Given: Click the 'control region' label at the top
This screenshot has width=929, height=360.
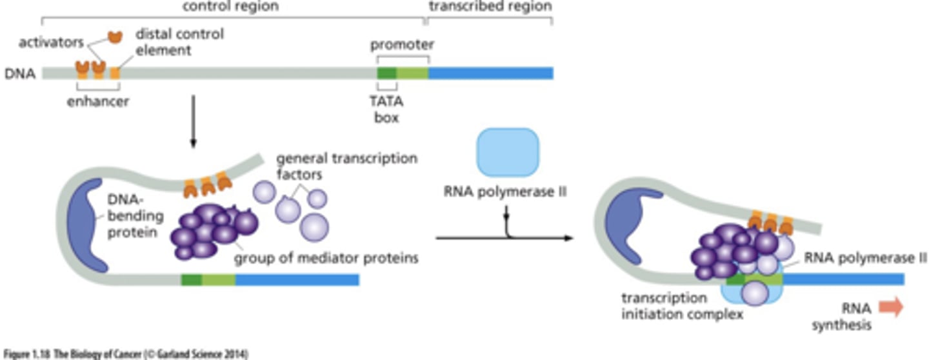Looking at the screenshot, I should coord(230,7).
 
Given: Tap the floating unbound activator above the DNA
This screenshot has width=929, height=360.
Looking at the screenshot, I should coord(115,37).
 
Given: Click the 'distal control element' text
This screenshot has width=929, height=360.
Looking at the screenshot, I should coord(179,41).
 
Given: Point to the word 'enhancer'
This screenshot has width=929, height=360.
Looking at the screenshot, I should coord(98,101).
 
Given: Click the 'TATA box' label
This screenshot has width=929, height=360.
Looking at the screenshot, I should coord(387,110).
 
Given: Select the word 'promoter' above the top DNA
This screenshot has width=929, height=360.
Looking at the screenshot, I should coord(402,45).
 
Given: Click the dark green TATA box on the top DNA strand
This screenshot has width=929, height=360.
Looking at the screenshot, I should coord(386,73).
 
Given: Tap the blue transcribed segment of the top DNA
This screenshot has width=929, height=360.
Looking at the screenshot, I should coord(490,73).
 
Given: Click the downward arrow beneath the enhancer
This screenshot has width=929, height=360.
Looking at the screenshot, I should coord(192,123).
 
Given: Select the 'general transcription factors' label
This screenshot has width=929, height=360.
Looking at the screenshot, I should coord(346,166).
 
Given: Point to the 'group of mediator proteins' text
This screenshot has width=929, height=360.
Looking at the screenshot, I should coord(326,258).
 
